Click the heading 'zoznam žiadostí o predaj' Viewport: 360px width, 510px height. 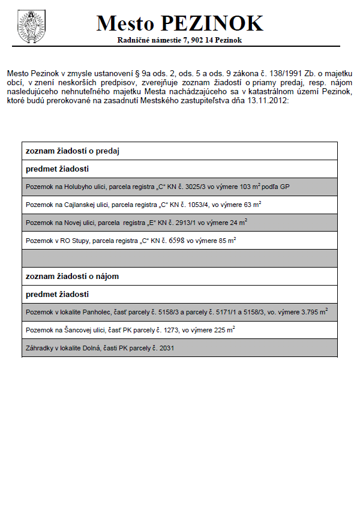(x=73, y=151)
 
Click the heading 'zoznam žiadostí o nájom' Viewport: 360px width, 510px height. (x=72, y=276)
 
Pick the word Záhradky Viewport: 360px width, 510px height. (x=39, y=348)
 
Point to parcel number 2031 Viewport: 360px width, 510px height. (x=165, y=348)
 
